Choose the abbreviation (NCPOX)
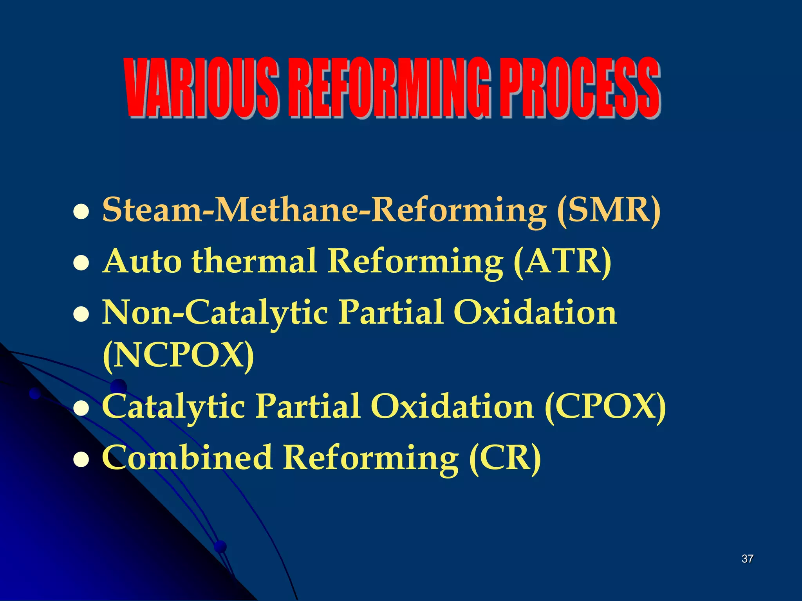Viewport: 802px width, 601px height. (x=178, y=356)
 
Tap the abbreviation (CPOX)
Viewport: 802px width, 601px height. (x=605, y=407)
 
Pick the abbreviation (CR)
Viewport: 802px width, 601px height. (x=505, y=458)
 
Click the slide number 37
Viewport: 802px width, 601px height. (x=747, y=559)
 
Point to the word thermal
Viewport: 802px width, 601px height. (x=255, y=261)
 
